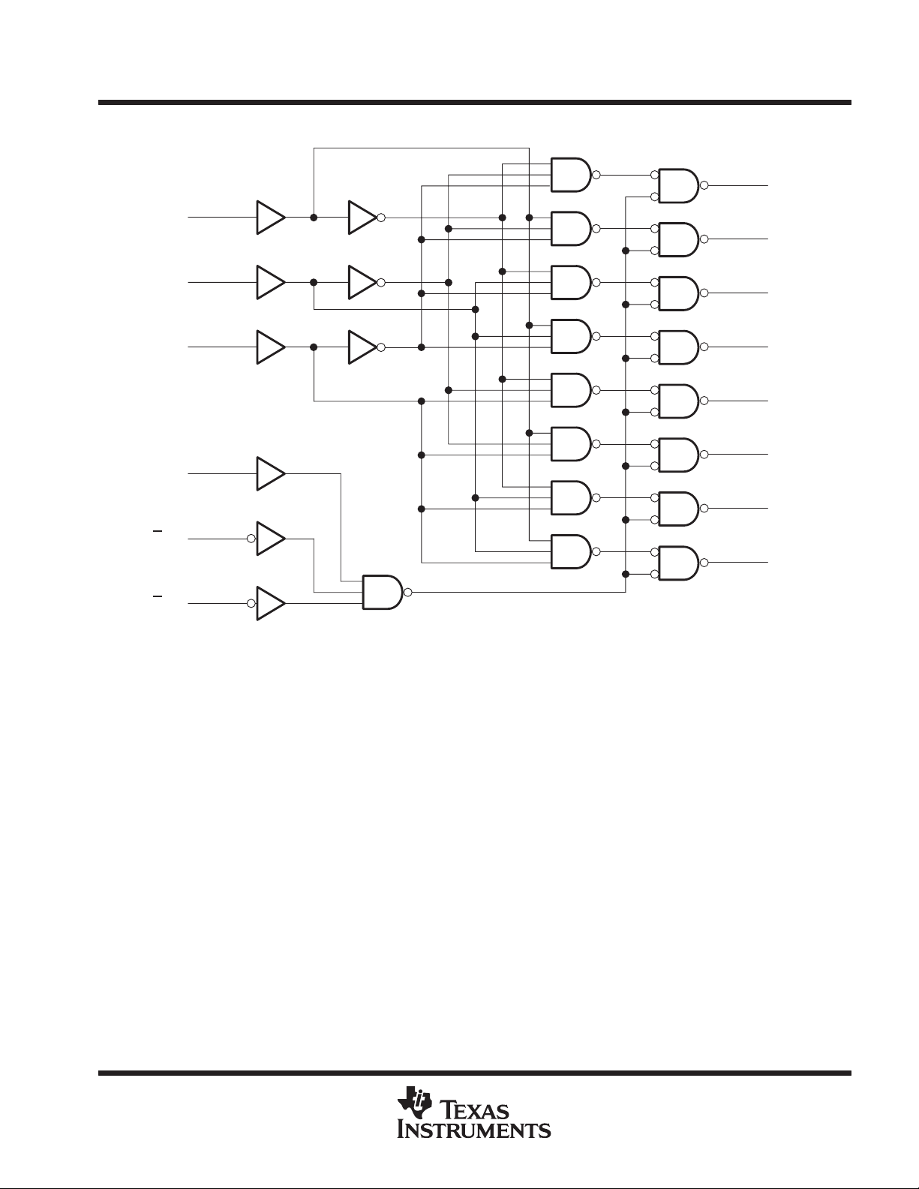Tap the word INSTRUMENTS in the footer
click(x=474, y=1129)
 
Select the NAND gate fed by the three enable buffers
click(x=383, y=592)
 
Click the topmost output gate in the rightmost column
click(x=678, y=185)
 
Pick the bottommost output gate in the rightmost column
click(x=678, y=563)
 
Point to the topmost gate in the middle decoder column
click(x=571, y=175)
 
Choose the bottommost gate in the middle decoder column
click(x=571, y=551)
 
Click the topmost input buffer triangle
click(x=270, y=218)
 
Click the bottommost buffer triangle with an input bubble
click(x=270, y=603)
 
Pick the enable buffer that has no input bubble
click(x=270, y=473)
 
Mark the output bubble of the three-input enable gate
click(x=408, y=592)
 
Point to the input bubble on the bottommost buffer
click(x=251, y=603)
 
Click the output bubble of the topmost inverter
click(x=381, y=218)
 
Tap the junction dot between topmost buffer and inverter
click(x=314, y=218)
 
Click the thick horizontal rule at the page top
click(x=474, y=103)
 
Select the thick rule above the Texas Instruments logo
click(x=474, y=1073)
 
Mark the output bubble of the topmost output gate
click(x=704, y=185)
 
